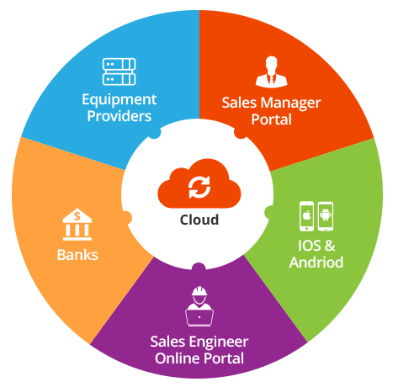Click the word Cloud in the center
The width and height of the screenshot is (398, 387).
(199, 220)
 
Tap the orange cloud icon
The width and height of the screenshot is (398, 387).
(199, 183)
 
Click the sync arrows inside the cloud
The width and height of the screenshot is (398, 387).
(199, 187)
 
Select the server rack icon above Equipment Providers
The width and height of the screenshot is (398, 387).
(119, 72)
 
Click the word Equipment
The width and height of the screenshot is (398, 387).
(119, 100)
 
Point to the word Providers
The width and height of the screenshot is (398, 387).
(119, 116)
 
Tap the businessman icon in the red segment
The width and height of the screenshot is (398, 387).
(271, 72)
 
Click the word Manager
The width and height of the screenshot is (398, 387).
(290, 103)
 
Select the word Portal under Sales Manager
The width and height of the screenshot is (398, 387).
(271, 119)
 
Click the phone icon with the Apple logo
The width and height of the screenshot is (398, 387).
(306, 216)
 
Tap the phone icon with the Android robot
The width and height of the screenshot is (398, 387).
(326, 216)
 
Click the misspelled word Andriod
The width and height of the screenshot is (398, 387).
(316, 262)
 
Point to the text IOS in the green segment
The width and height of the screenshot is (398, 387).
(310, 246)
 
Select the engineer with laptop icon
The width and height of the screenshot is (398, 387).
(199, 306)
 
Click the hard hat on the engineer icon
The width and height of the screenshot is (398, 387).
(199, 291)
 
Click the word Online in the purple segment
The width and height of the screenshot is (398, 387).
(177, 358)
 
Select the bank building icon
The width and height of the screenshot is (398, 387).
(77, 225)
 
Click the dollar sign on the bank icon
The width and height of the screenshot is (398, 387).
(77, 216)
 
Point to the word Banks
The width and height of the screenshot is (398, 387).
(77, 255)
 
